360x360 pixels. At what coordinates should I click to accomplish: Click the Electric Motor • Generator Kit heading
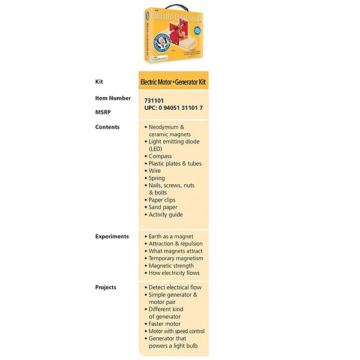(173, 82)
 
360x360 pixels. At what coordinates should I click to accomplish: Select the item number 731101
(154, 101)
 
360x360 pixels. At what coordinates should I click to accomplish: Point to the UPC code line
(173, 108)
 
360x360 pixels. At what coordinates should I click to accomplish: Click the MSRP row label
(103, 112)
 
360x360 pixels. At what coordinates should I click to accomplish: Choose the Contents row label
(107, 127)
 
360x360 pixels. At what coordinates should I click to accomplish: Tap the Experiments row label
(112, 236)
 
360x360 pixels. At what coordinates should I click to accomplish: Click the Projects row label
(106, 287)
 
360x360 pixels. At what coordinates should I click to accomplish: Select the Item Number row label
(113, 98)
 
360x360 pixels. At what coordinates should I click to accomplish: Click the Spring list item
(157, 178)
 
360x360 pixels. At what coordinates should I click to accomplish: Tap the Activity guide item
(166, 214)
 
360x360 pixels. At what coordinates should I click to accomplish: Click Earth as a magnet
(171, 236)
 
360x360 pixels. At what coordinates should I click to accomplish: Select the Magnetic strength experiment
(171, 266)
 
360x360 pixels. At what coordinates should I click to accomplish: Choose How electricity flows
(174, 273)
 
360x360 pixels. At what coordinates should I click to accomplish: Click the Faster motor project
(164, 324)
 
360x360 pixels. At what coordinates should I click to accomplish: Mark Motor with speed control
(176, 331)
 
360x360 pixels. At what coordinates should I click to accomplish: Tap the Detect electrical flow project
(175, 287)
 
